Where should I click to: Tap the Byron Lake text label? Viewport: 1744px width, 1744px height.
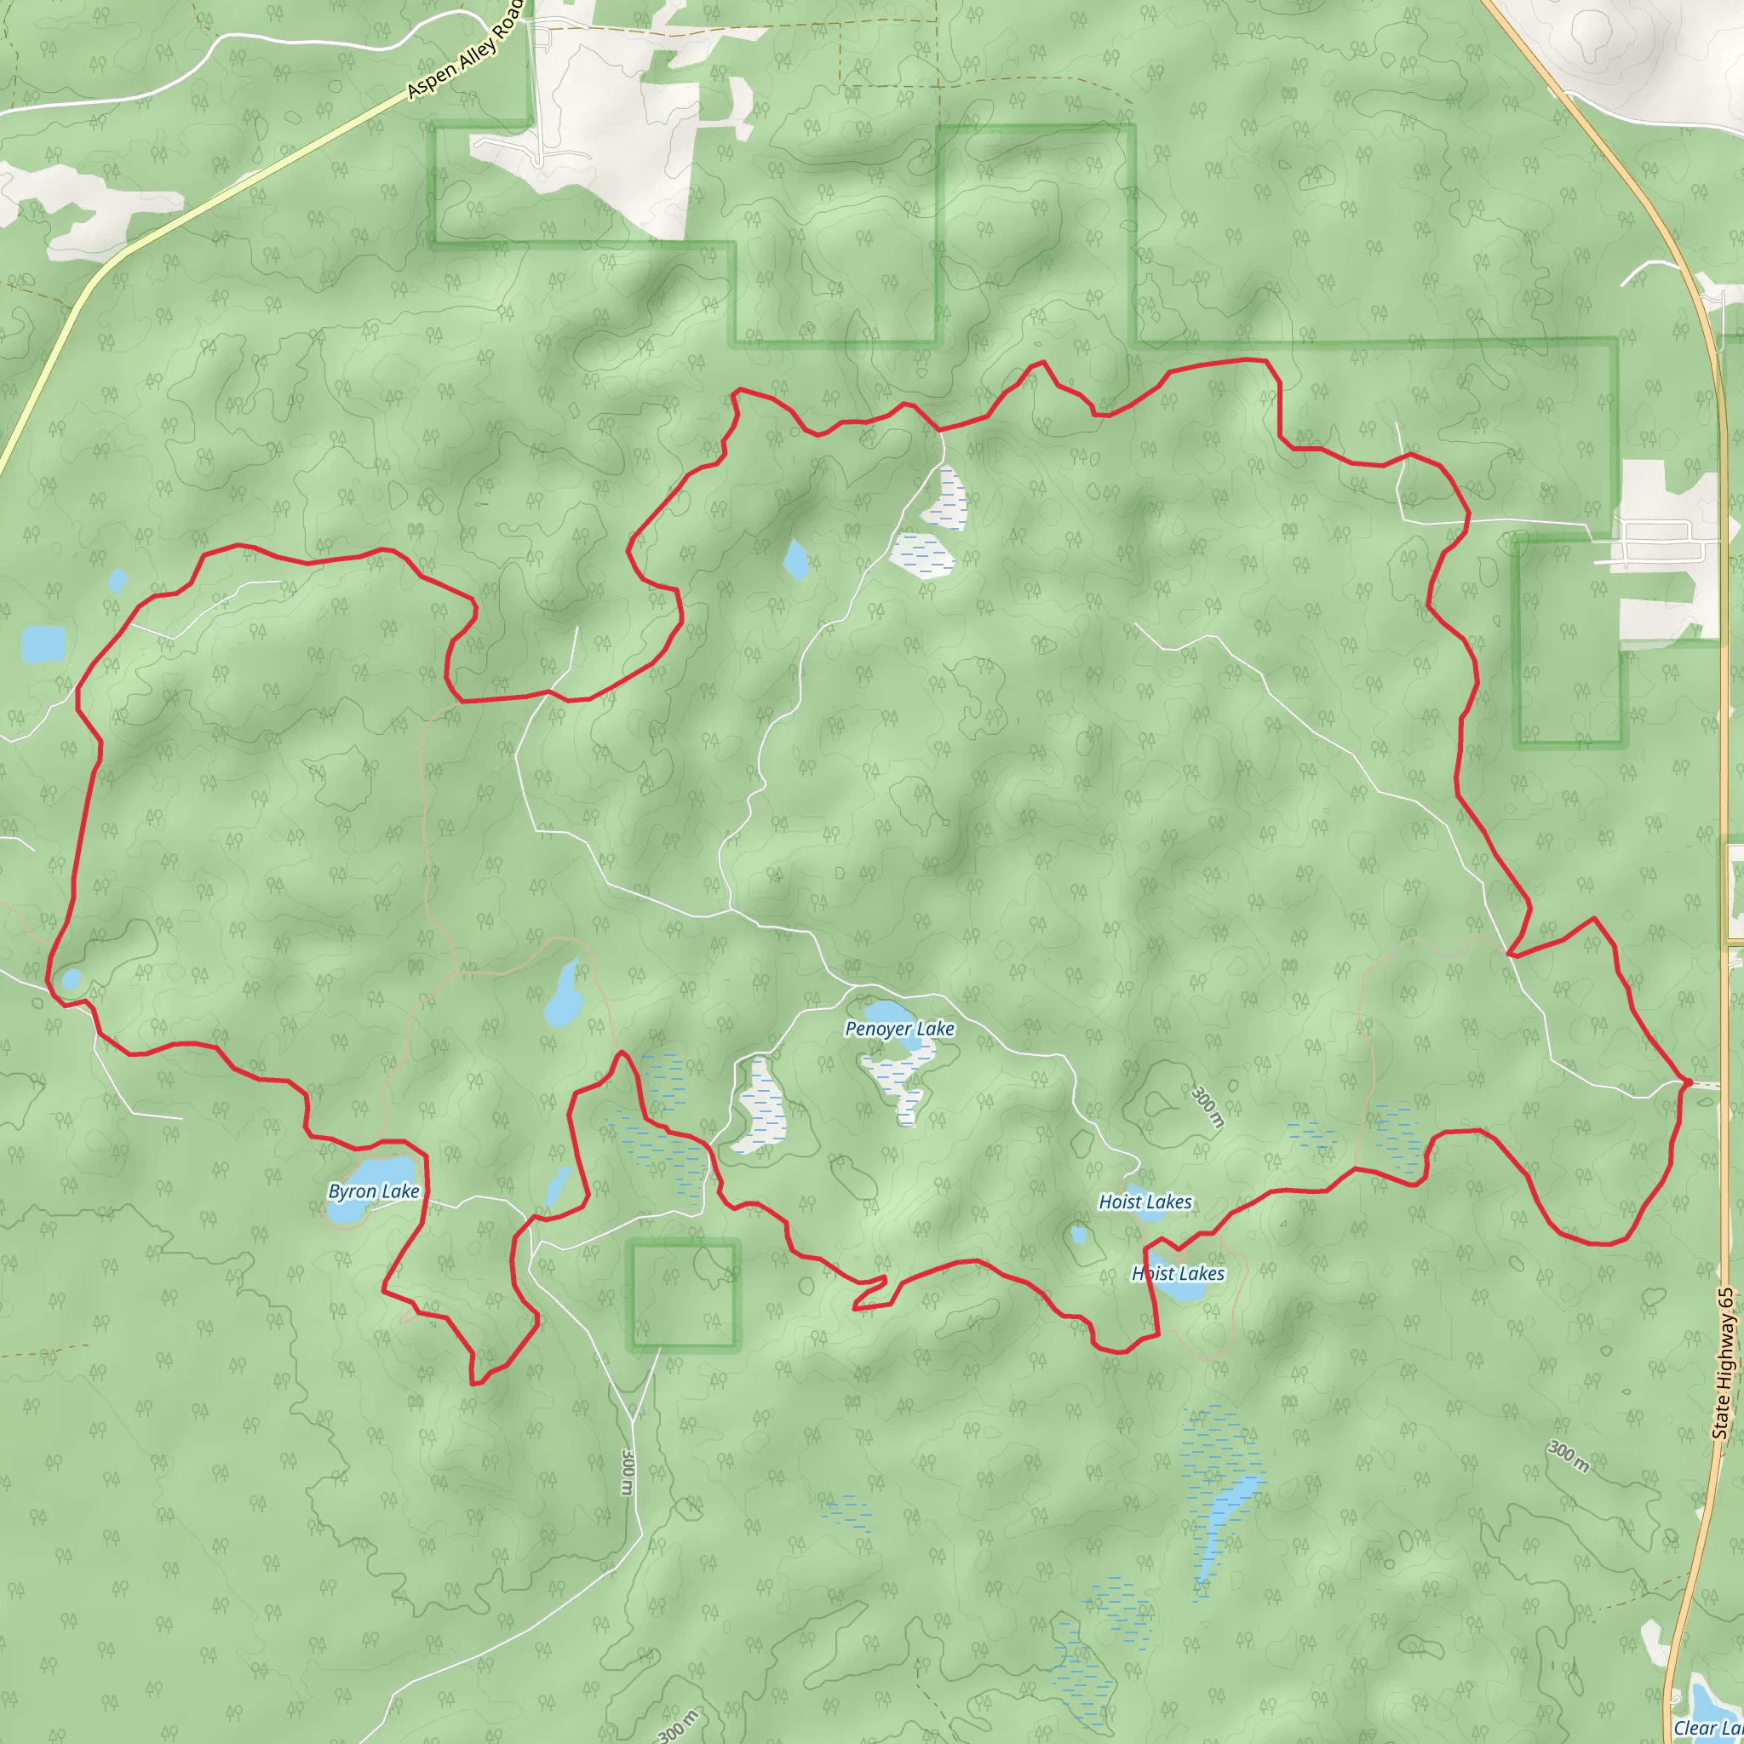[x=374, y=1191]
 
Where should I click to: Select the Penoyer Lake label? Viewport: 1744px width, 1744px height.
[x=899, y=1028]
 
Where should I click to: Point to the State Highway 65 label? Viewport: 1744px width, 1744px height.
[x=1724, y=1363]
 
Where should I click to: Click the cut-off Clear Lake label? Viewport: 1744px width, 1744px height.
[x=1708, y=1728]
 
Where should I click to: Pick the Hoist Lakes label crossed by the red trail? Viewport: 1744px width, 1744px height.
[x=1178, y=1274]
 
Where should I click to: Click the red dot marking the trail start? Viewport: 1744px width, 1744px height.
[x=1687, y=1081]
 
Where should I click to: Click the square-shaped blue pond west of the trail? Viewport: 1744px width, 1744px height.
[x=43, y=644]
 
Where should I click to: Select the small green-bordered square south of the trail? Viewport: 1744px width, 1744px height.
[x=683, y=1294]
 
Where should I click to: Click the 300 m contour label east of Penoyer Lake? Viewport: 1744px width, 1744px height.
[x=1208, y=1108]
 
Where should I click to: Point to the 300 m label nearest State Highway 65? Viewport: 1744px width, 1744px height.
[x=1569, y=1456]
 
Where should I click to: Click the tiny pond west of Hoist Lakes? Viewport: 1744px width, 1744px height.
[x=1078, y=1234]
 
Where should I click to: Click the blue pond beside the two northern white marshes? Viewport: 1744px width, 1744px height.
[x=795, y=559]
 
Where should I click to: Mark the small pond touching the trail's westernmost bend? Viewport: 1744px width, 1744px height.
[x=71, y=979]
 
